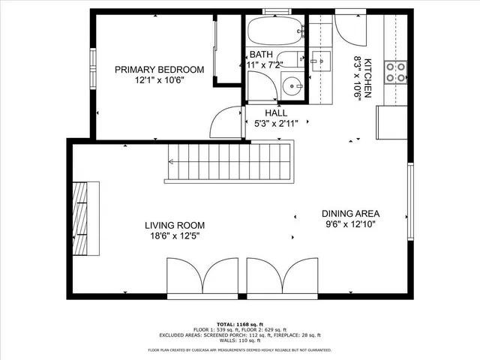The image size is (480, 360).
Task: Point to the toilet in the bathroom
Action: (289, 61)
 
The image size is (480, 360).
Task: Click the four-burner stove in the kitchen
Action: (396, 71)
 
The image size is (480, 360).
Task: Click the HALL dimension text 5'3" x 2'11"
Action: (277, 124)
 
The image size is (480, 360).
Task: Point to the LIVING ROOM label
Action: (175, 224)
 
